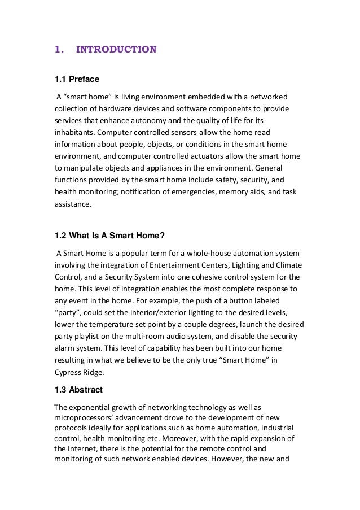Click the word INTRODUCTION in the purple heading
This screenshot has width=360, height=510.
pos(116,50)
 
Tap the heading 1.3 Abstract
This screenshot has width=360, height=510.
pos(78,389)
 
